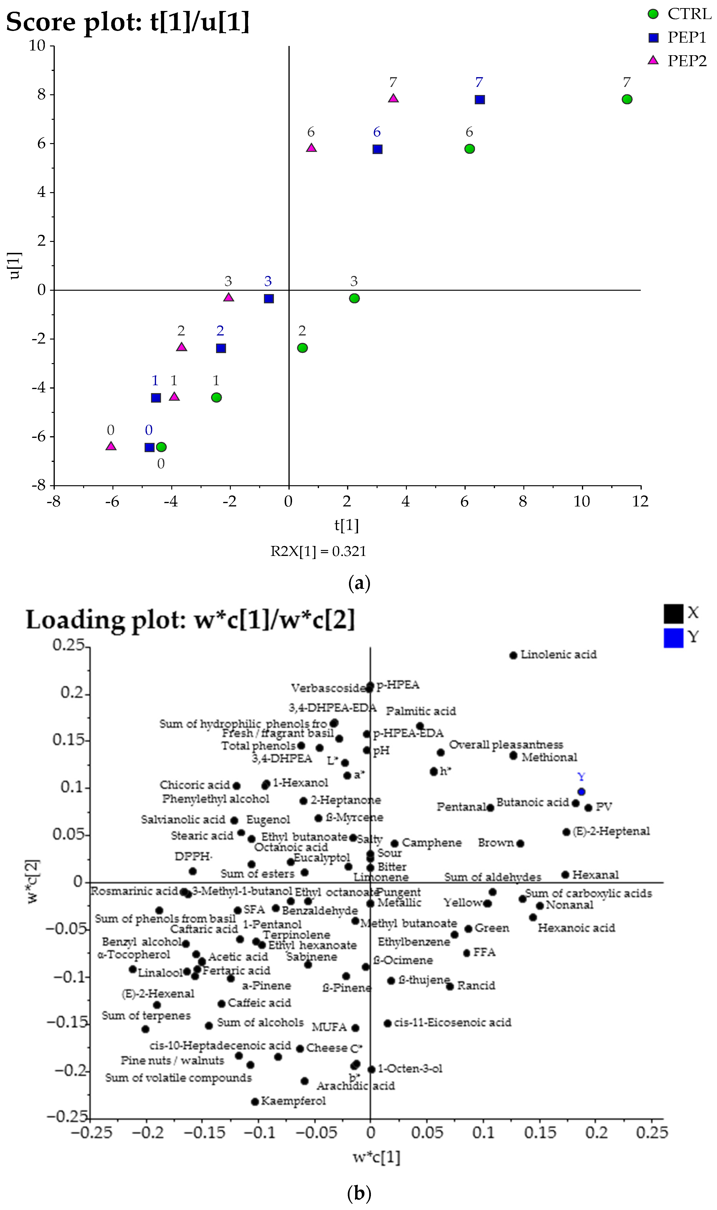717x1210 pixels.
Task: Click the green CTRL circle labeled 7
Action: [x=627, y=99]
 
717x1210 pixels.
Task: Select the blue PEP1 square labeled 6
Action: [x=377, y=149]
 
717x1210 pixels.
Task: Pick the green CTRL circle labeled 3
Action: [x=354, y=298]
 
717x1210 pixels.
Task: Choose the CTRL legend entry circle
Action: [x=653, y=14]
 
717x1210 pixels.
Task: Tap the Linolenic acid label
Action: [x=559, y=655]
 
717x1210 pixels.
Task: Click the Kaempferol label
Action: [x=293, y=1101]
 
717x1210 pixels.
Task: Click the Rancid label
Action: [x=476, y=985]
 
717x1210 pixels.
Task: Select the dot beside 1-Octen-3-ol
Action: [x=371, y=1070]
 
